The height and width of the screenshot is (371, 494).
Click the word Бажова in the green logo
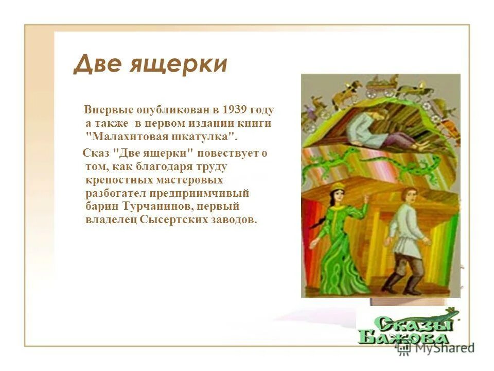coord(410,337)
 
